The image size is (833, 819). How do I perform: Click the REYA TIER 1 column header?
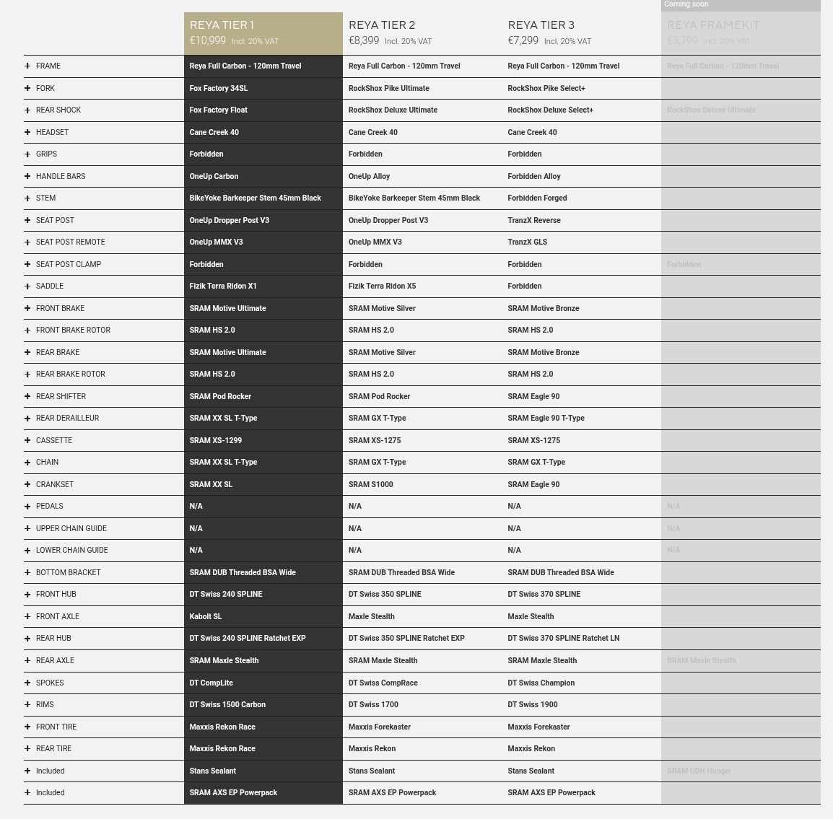(222, 25)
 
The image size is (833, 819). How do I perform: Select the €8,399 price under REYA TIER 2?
(364, 41)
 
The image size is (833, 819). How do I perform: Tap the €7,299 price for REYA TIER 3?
(523, 41)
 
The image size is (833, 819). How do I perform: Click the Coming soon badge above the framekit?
(686, 4)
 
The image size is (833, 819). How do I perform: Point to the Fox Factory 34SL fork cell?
(219, 88)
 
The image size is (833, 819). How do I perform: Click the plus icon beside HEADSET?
(27, 132)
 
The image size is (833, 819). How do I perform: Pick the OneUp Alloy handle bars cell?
(369, 176)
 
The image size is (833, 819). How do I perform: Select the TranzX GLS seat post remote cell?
(527, 242)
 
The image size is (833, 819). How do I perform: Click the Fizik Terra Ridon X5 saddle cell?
(382, 286)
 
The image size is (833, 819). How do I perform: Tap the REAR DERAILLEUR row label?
(67, 418)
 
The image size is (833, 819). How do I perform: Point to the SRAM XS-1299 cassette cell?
(216, 440)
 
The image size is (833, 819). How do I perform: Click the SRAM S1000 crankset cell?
(371, 484)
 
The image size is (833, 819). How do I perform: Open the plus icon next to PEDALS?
(27, 506)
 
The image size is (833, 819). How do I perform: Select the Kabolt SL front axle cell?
(206, 616)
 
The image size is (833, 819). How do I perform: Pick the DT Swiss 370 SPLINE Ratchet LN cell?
(563, 638)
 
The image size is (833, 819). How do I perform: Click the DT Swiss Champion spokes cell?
(541, 683)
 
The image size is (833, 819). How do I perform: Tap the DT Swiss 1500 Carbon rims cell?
(227, 704)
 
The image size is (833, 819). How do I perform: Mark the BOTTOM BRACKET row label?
(68, 572)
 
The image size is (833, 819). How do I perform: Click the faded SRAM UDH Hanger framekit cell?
(699, 771)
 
